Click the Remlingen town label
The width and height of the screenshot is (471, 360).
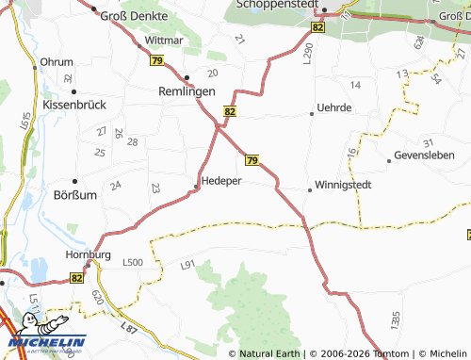186,91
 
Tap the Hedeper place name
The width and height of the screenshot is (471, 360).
222,181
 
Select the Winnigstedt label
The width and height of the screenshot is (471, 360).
343,185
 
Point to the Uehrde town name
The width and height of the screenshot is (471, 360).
333,108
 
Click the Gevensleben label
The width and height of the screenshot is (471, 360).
424,155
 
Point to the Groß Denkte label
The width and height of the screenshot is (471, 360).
135,16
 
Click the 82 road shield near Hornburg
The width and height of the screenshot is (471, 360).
77,278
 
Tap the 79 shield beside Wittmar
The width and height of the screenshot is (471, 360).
154,60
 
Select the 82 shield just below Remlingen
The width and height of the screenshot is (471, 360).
230,111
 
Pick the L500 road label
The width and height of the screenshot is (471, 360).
132,262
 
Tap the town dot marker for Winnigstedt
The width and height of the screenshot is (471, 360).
310,189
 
